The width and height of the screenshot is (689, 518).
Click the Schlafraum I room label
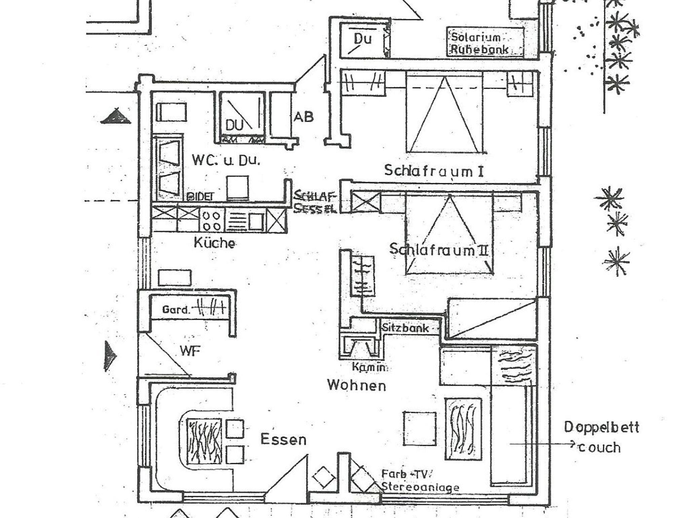tap(434, 170)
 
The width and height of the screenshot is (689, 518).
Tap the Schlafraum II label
tap(439, 250)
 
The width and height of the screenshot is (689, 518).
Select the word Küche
tap(214, 242)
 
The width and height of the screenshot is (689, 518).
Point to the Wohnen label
tap(357, 385)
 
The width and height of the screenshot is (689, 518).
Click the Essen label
tap(283, 440)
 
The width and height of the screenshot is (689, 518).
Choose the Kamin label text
tap(369, 367)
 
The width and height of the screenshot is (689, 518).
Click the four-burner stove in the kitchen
tap(212, 221)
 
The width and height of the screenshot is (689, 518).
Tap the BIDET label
tap(200, 197)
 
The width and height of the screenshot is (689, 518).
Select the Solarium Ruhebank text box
tap(485, 43)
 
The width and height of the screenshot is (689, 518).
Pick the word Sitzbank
tap(405, 328)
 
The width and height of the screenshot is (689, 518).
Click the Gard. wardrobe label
tap(176, 310)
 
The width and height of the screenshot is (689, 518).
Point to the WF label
tap(190, 351)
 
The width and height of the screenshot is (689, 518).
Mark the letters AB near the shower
tap(303, 117)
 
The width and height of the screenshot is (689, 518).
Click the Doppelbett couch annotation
tap(601, 438)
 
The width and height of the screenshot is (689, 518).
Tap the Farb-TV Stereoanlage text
tap(420, 481)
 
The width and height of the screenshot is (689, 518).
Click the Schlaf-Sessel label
tap(315, 202)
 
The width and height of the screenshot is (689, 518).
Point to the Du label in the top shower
tap(363, 39)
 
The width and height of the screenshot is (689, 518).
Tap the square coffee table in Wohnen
tap(420, 428)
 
